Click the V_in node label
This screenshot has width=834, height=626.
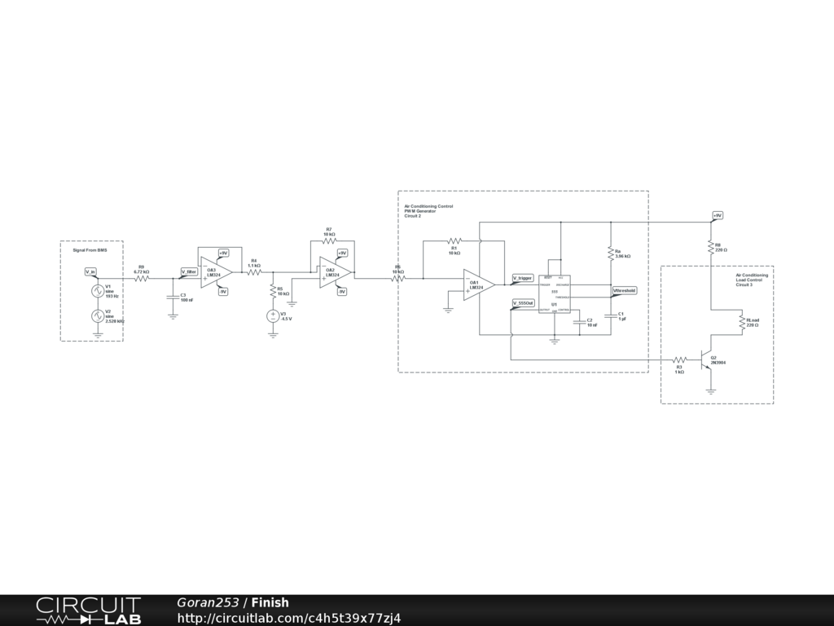pyautogui.click(x=90, y=271)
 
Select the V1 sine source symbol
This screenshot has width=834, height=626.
pyautogui.click(x=97, y=290)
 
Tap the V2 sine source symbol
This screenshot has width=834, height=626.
pyautogui.click(x=97, y=315)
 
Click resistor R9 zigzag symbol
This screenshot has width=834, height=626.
pyautogui.click(x=142, y=278)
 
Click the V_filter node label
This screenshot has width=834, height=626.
pyautogui.click(x=189, y=271)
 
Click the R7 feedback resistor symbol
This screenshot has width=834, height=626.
pyautogui.click(x=329, y=240)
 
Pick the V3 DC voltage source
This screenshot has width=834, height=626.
pyautogui.click(x=273, y=315)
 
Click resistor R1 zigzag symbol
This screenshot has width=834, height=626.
pyautogui.click(x=454, y=241)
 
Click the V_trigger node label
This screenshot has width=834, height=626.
pyautogui.click(x=522, y=278)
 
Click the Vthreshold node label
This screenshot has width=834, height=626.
pyautogui.click(x=625, y=289)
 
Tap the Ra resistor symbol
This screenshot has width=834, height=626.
pyautogui.click(x=610, y=254)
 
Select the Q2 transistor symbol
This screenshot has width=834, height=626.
pyautogui.click(x=706, y=359)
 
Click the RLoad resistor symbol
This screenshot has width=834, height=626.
pyautogui.click(x=740, y=323)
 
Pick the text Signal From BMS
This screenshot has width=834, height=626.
pyautogui.click(x=90, y=250)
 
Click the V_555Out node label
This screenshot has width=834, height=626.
pyautogui.click(x=523, y=303)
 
